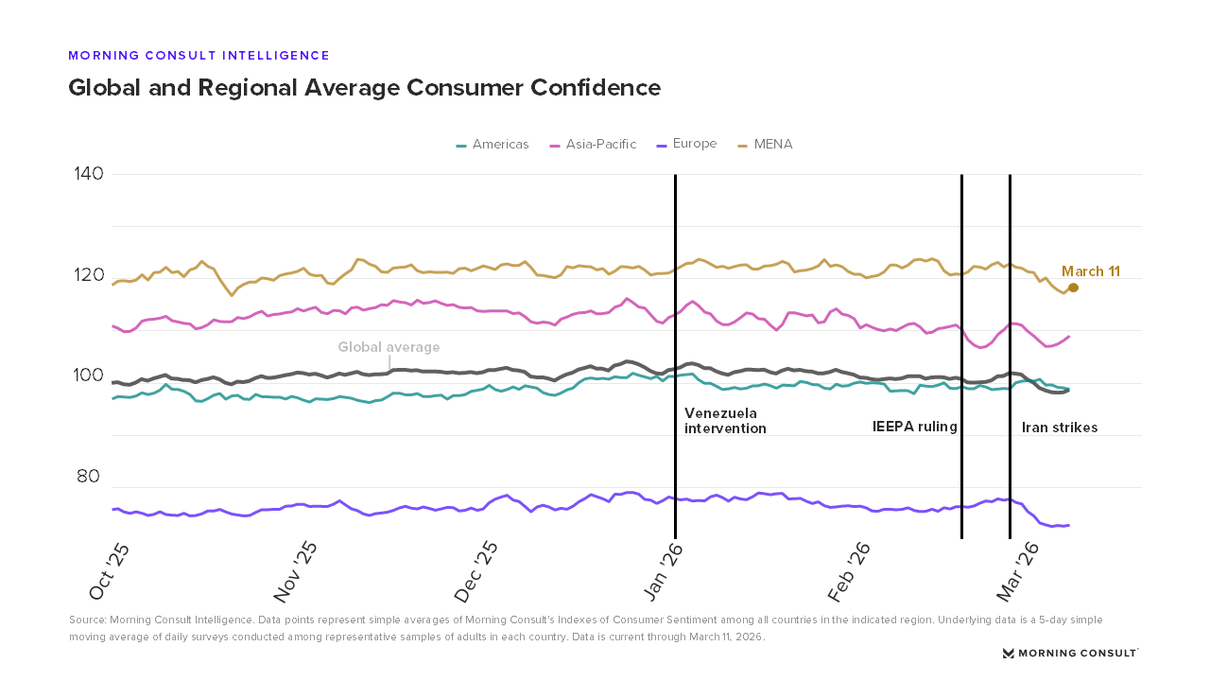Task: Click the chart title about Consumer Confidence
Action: [364, 88]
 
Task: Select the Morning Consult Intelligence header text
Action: [199, 56]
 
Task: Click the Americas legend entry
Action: [493, 145]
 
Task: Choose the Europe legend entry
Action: [687, 145]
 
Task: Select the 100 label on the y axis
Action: [89, 376]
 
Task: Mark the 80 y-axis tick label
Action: [89, 477]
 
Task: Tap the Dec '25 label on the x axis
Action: [476, 571]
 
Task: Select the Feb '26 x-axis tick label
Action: [850, 571]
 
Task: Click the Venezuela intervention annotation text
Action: [725, 421]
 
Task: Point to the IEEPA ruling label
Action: [914, 427]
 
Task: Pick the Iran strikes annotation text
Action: [1060, 428]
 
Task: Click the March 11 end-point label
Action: [1090, 271]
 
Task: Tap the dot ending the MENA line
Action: [1073, 288]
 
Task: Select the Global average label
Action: [389, 347]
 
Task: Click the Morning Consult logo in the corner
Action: [1070, 653]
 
